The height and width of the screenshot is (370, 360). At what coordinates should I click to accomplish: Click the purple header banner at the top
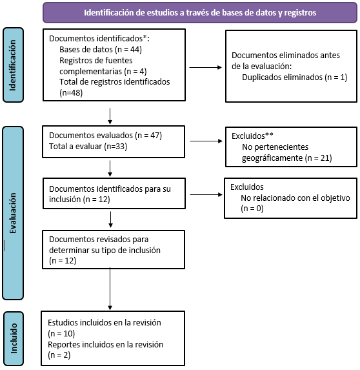pos(200,12)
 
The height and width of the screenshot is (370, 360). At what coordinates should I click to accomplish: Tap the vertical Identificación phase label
pos(13,65)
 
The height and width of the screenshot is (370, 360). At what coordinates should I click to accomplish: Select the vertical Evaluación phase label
pos(13,213)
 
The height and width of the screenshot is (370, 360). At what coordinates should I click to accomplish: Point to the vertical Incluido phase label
pos(14,338)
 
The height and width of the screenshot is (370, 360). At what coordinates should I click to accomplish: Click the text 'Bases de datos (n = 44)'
pos(101,50)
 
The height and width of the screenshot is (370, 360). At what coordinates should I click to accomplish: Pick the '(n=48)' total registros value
pos(71,93)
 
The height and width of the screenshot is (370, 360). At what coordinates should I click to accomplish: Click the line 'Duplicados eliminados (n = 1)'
pos(294,77)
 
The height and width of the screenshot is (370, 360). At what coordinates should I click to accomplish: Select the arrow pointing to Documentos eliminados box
pos(206,68)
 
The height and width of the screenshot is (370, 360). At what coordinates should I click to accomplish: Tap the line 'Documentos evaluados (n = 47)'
pos(105,136)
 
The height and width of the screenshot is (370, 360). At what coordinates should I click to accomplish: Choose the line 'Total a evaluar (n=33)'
pos(88,147)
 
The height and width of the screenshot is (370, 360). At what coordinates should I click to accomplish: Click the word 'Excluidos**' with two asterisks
pos(252,136)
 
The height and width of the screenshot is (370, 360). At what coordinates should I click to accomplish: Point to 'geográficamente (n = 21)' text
pos(287,158)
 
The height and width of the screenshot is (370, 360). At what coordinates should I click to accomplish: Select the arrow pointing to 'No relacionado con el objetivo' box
pos(206,194)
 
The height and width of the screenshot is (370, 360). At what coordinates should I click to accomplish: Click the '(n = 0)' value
pos(252,209)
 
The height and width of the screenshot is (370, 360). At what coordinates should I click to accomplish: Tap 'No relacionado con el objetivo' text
pos(295,198)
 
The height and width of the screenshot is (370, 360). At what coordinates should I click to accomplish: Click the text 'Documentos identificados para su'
pos(110,189)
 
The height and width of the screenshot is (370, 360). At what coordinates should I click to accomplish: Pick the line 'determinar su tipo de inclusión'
pos(105,250)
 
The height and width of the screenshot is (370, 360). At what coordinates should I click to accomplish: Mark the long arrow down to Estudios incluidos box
pos(110,289)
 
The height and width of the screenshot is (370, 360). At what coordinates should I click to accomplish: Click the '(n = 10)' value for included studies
pos(61,334)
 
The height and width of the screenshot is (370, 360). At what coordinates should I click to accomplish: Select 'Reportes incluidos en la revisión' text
pos(105,345)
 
